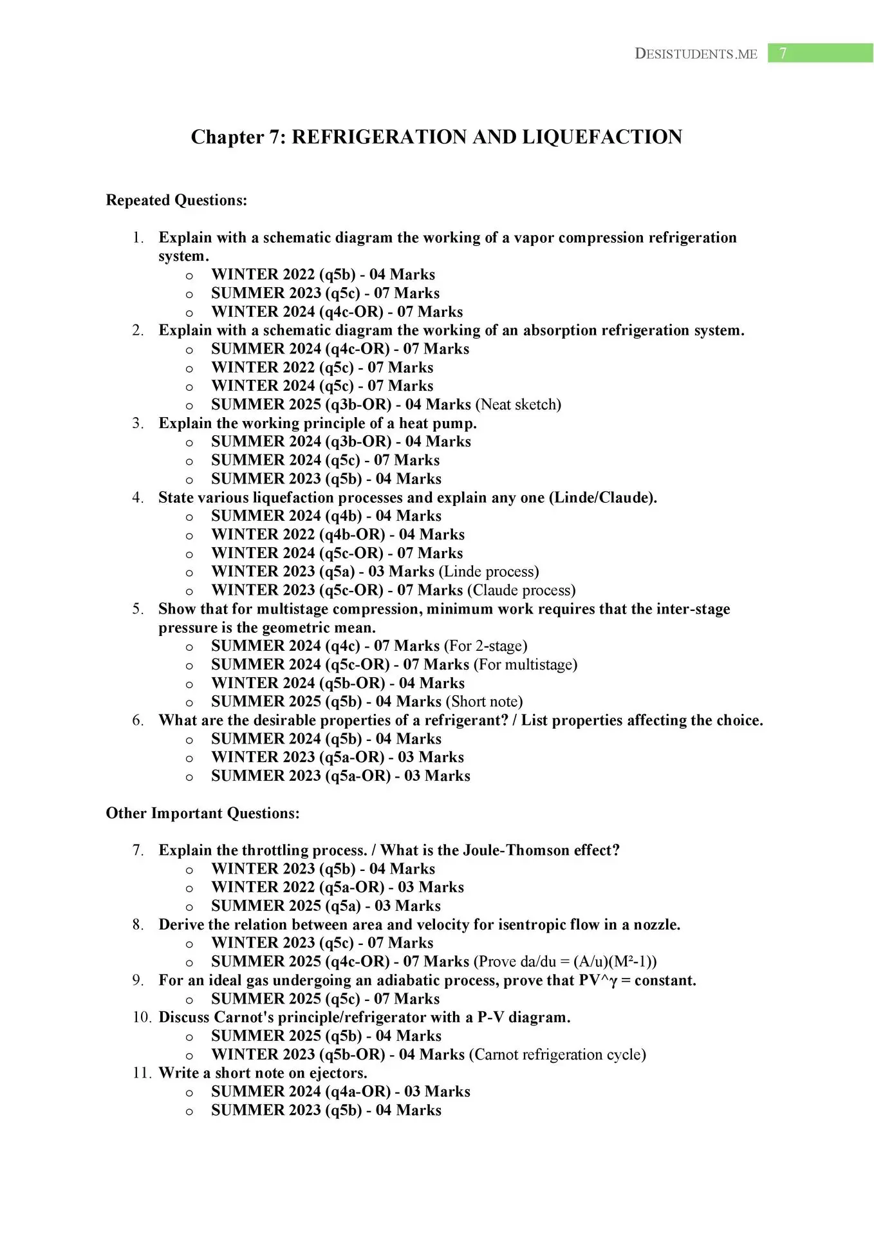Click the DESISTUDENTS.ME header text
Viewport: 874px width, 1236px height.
click(x=696, y=54)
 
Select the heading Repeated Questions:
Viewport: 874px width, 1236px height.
click(x=176, y=200)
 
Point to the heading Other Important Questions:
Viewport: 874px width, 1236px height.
click(x=203, y=813)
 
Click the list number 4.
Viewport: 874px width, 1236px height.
click(x=138, y=498)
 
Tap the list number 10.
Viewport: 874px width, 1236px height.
click(x=142, y=1017)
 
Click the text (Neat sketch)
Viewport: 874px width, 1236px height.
click(x=518, y=404)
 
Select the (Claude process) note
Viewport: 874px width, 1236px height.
click(x=521, y=590)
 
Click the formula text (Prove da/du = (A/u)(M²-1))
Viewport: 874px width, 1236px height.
click(x=565, y=962)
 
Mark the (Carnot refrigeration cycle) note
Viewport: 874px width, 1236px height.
click(x=557, y=1054)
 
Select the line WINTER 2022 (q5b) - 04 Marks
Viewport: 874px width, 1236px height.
click(x=323, y=275)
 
